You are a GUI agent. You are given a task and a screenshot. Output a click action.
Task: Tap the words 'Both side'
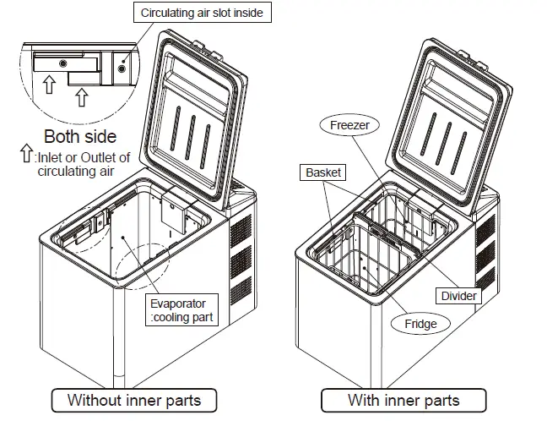click(80, 137)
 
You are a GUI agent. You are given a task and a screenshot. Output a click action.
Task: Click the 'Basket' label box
click(323, 172)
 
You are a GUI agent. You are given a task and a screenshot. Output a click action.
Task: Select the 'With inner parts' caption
click(403, 399)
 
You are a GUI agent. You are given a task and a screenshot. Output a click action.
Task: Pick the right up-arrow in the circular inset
click(81, 98)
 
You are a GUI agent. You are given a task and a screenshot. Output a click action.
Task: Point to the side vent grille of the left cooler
click(241, 249)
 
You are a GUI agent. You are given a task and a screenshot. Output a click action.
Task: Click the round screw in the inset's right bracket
click(123, 69)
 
